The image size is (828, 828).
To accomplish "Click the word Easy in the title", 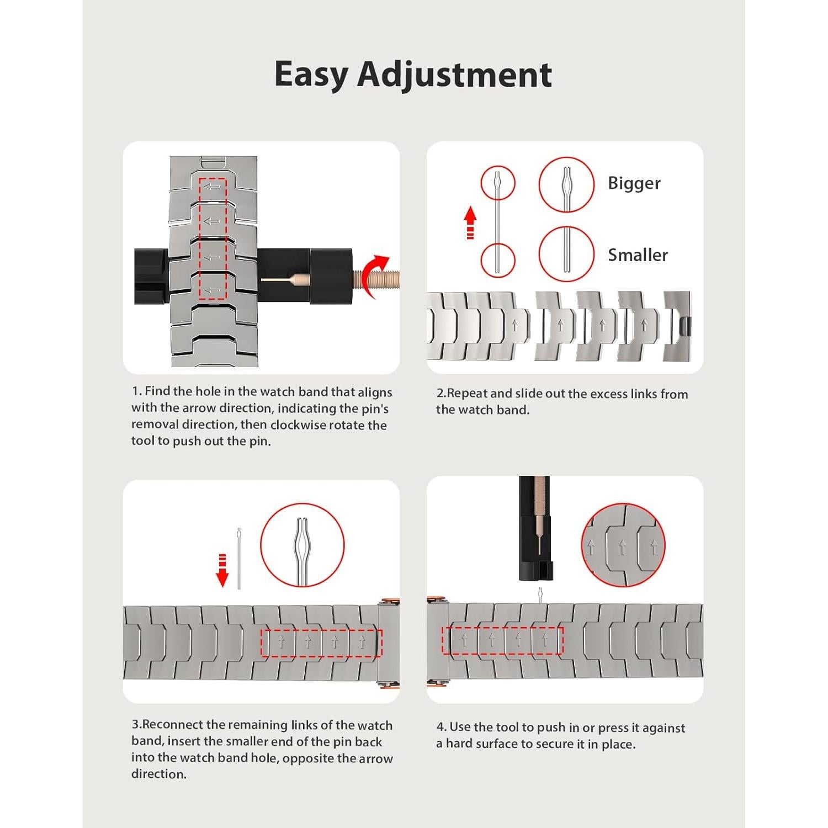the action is point(311,75).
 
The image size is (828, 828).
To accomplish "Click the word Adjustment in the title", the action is point(455,74).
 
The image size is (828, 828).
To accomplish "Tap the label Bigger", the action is point(634,183).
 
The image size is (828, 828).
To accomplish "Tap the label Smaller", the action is point(638,255).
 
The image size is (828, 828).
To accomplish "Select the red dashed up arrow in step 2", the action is point(470,222).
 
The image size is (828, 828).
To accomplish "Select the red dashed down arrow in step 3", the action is point(222,570).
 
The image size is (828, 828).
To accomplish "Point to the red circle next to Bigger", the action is point(566,184).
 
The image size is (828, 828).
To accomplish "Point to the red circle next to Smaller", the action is point(566,254).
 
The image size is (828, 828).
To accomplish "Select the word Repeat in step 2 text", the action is point(467,394).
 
